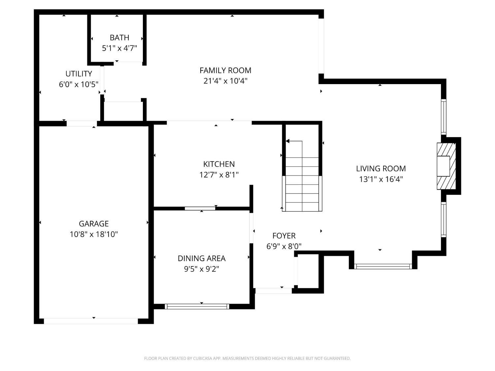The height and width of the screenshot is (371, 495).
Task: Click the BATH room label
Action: pos(119,37)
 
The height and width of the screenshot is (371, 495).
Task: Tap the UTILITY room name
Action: pos(79,74)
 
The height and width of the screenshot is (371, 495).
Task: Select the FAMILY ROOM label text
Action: pos(225,71)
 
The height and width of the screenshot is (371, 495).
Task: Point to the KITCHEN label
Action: pos(219,164)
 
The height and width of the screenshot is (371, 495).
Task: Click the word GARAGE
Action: pos(94,224)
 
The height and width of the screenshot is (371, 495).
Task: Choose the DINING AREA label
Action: pos(202,258)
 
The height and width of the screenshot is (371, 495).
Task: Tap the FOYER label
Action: pos(284,235)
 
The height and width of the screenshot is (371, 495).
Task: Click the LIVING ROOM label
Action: pos(381,169)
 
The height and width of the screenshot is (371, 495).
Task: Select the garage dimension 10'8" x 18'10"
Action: pos(94,234)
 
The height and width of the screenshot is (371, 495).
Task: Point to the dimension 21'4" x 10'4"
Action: pos(225,81)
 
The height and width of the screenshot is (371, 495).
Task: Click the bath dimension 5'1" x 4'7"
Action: pos(119,48)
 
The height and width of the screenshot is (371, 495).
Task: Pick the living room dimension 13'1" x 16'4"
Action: pos(381,179)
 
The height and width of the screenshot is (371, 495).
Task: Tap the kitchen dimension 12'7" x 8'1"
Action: pos(219,174)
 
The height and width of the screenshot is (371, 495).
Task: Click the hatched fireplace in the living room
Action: pos(446,166)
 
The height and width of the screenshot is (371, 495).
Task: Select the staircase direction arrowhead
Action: pos(287,141)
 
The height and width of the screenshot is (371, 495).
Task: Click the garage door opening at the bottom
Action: pos(91,321)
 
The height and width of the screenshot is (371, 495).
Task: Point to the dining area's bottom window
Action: pos(197,306)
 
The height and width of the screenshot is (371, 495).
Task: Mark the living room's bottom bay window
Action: pos(383,266)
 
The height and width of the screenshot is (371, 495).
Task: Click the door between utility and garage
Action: pos(82,123)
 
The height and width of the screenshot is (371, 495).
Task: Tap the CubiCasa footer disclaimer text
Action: pos(247,358)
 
